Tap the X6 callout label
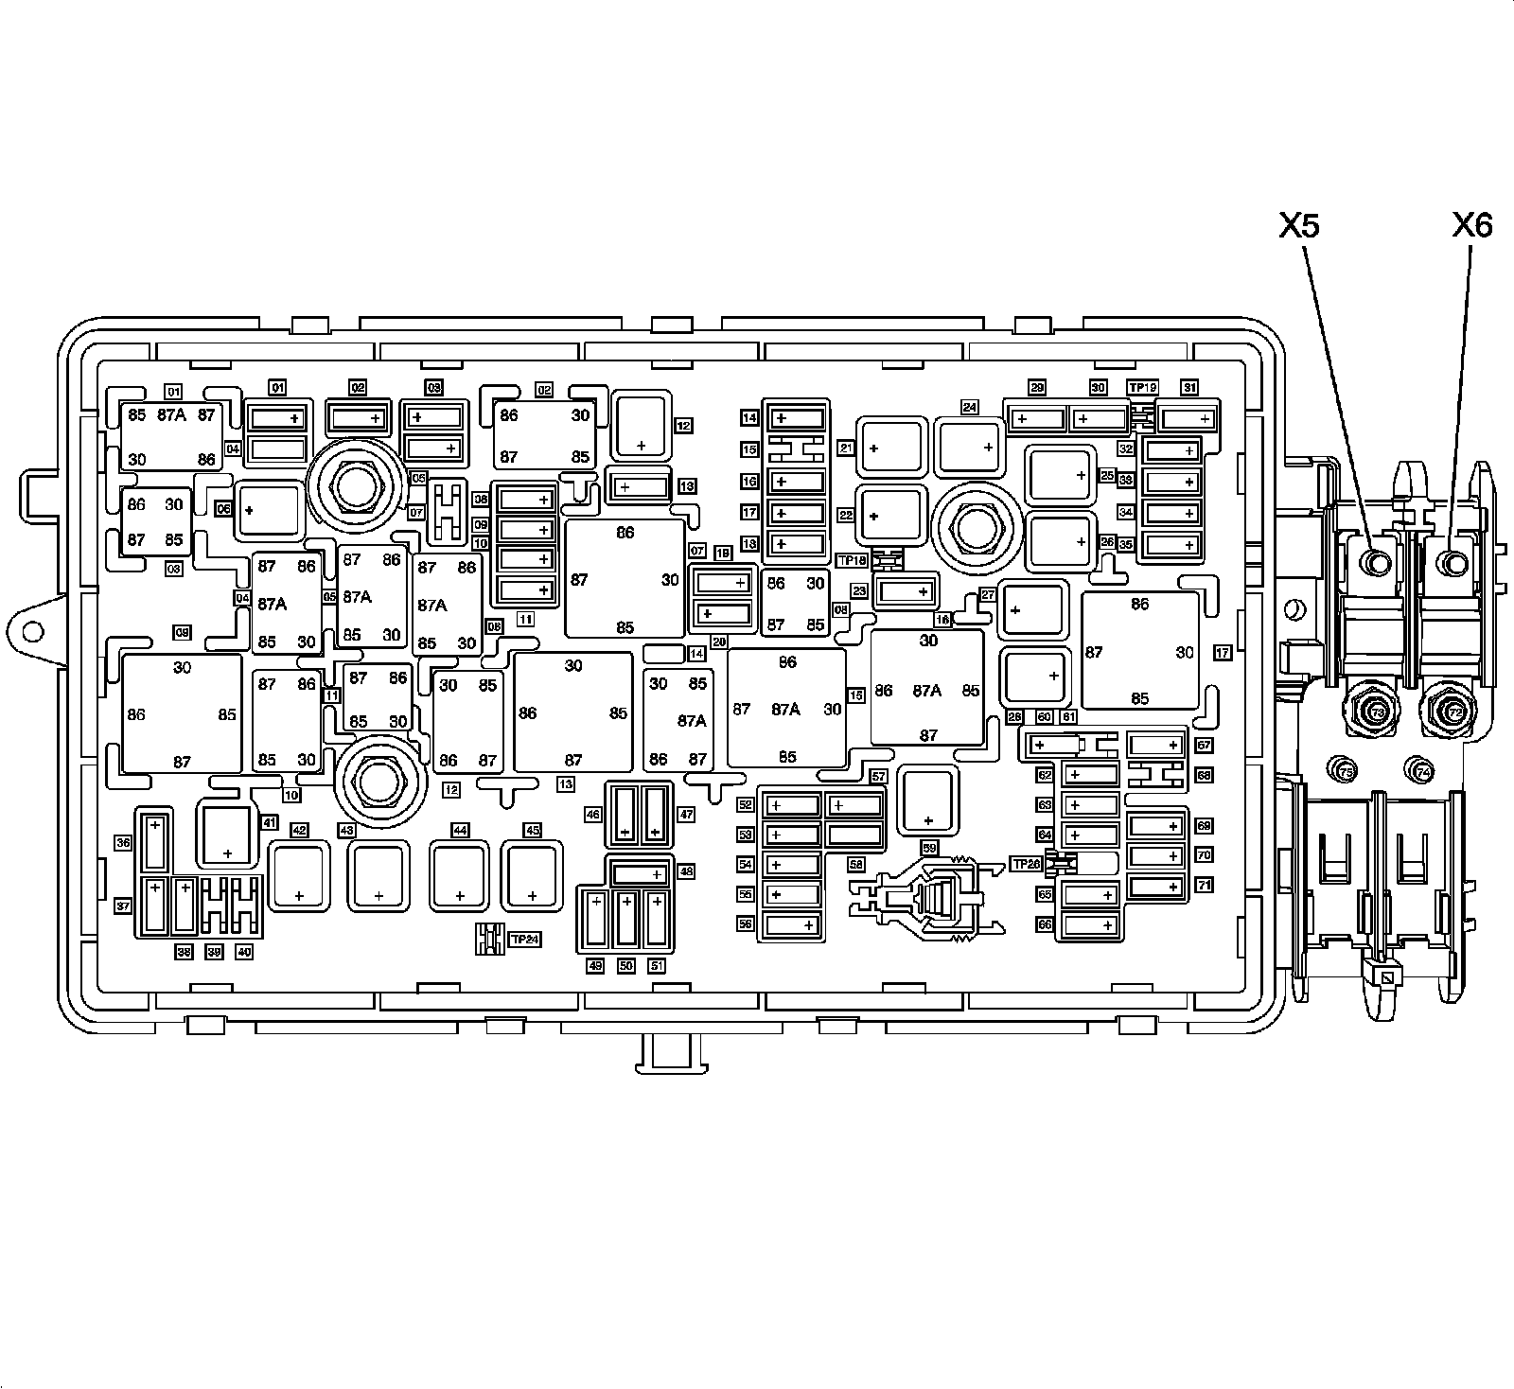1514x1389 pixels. coord(1471,226)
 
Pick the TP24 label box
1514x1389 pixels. coord(524,940)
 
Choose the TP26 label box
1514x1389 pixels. coord(1026,863)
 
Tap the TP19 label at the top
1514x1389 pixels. coord(1142,387)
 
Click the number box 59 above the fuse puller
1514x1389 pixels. coord(928,848)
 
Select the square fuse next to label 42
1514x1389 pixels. coord(299,877)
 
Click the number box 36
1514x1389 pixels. coord(123,842)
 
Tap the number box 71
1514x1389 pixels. coord(1204,886)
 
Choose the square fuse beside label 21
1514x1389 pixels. coord(889,448)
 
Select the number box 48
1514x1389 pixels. coord(686,870)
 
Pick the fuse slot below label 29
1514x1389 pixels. coord(1037,417)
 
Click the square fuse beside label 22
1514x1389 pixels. coord(889,516)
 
